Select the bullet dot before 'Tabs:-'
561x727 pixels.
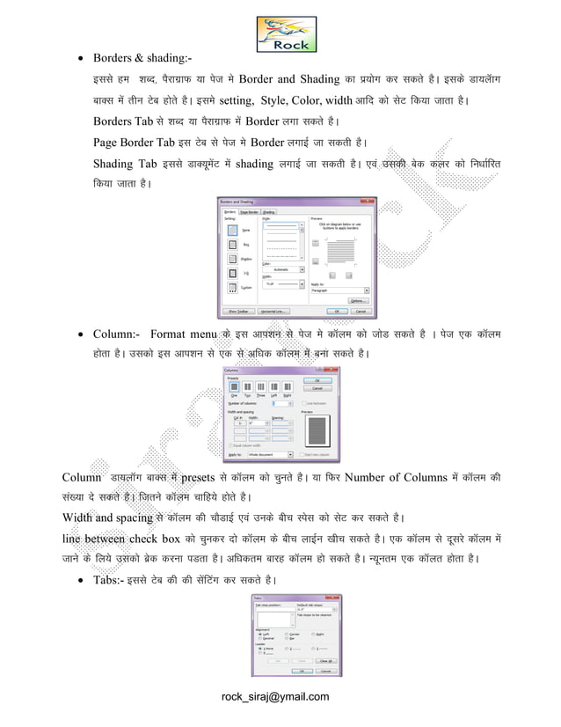(x=82, y=580)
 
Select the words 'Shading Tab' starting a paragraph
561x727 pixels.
(x=125, y=164)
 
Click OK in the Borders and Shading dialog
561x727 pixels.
(x=337, y=311)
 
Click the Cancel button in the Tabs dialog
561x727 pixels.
(x=325, y=670)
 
